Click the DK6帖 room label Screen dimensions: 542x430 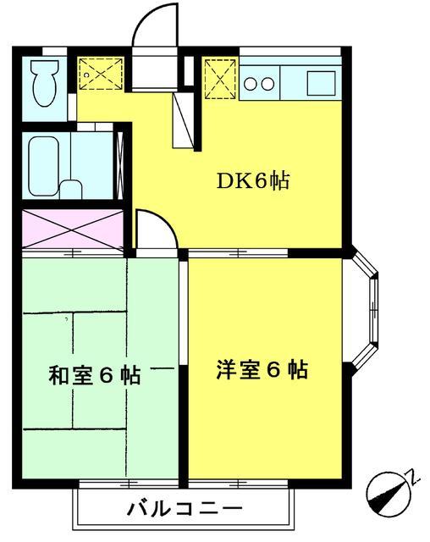[x=254, y=181]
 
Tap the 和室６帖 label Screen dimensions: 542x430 [x=94, y=373]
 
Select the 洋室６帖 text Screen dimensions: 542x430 [x=262, y=370]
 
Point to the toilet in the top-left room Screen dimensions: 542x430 [x=39, y=85]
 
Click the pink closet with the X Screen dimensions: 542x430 [x=72, y=227]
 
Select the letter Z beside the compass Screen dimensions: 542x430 [x=414, y=477]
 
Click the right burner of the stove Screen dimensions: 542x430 [x=268, y=83]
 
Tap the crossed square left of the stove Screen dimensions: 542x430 [x=218, y=78]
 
